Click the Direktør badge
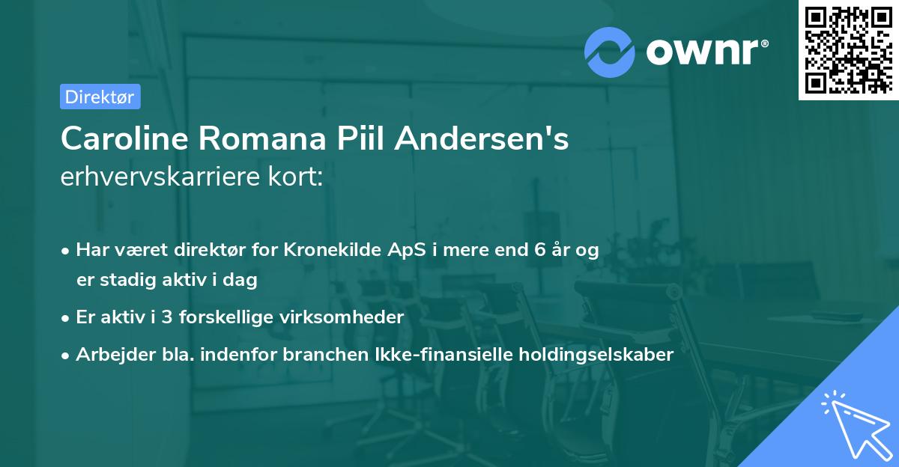point(100,97)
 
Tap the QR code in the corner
point(847,49)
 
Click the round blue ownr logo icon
point(611,52)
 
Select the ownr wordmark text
point(705,52)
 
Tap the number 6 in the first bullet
point(539,250)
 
